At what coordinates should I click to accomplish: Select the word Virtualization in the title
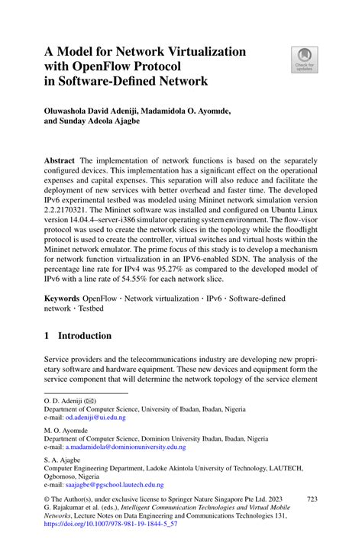pyautogui.click(x=200, y=51)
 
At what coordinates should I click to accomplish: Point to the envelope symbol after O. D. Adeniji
pyautogui.click(x=89, y=400)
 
